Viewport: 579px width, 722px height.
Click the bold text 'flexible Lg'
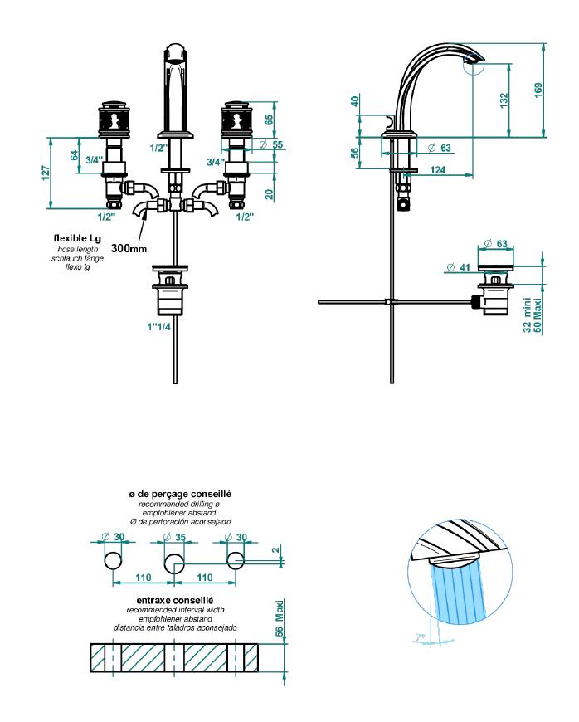pyautogui.click(x=78, y=239)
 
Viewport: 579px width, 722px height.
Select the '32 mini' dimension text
pyautogui.click(x=528, y=317)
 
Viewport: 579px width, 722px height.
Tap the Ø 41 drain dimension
pyautogui.click(x=458, y=267)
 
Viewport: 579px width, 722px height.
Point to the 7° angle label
pyautogui.click(x=421, y=638)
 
